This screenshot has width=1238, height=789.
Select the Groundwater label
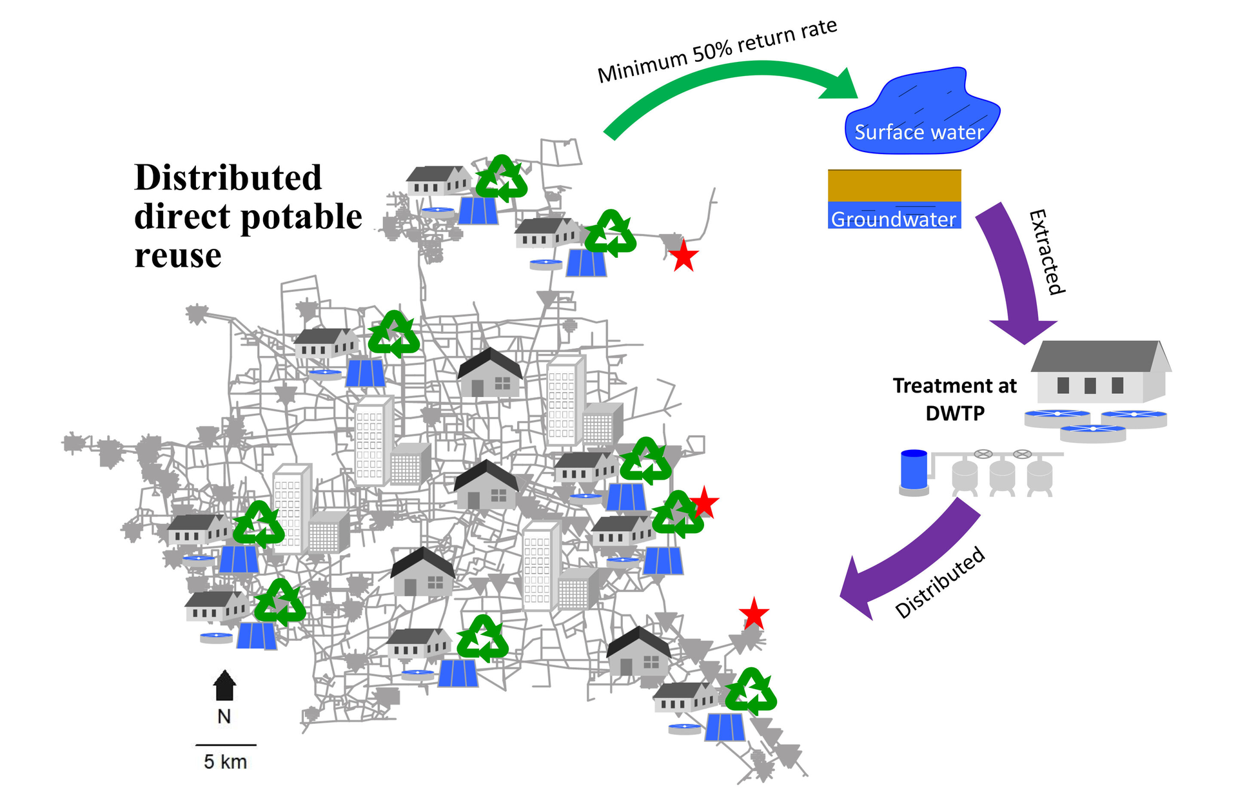[894, 219]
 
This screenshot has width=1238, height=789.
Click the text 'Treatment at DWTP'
[954, 399]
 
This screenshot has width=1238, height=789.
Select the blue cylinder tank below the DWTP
[914, 471]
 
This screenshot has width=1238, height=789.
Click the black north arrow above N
[224, 685]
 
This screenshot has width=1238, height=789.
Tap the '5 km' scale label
[225, 762]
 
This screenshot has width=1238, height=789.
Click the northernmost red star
[683, 256]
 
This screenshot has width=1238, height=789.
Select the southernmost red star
[754, 614]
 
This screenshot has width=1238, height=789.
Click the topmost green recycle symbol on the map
[502, 179]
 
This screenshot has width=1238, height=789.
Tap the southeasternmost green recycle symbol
[751, 692]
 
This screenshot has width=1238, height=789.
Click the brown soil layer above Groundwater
[894, 186]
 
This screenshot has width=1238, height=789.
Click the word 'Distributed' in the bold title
[228, 178]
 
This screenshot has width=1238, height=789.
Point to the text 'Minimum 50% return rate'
[717, 50]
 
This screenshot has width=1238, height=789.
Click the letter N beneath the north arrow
[224, 717]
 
